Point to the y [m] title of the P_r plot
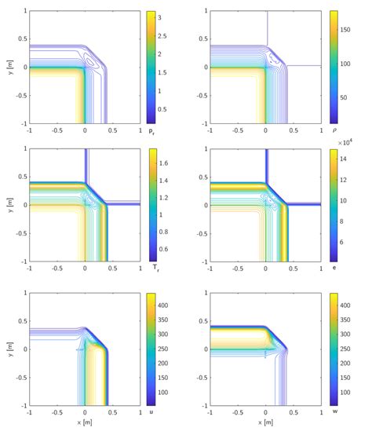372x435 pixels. (7, 68)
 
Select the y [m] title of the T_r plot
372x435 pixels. (7, 206)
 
